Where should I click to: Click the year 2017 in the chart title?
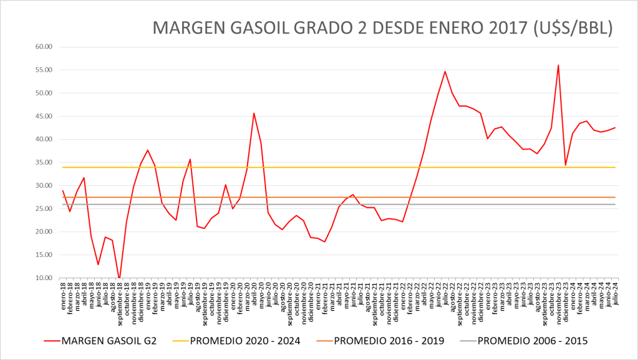point(498,29)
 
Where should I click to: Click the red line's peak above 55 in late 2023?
point(558,65)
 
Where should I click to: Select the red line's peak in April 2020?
point(254,113)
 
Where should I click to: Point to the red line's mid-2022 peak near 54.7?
point(445,71)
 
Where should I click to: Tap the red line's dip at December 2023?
point(566,165)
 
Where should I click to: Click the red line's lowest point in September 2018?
point(119,278)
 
